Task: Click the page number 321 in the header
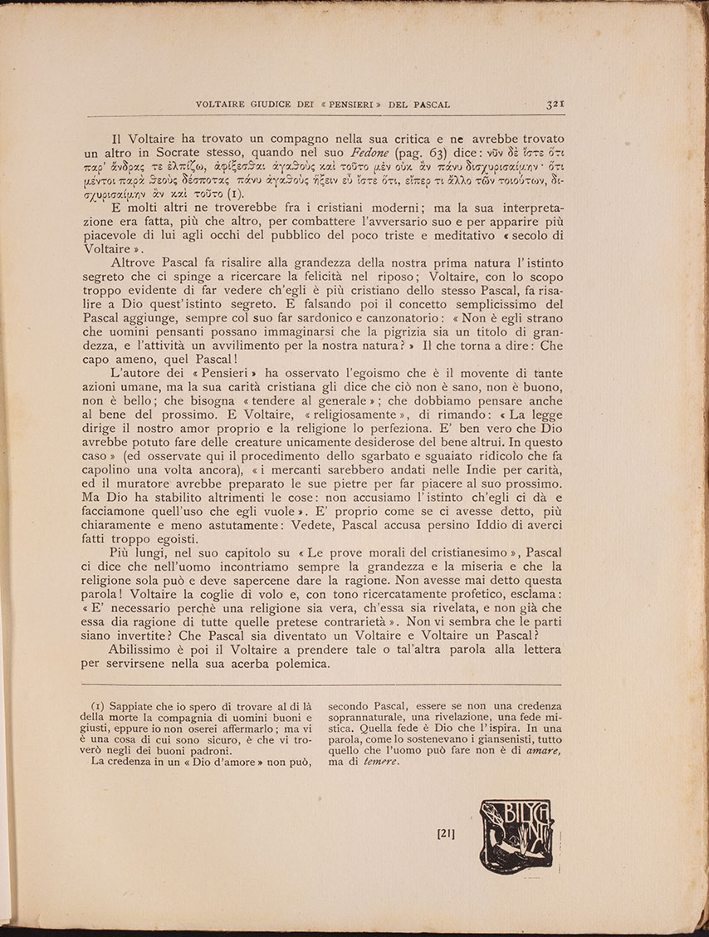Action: [555, 105]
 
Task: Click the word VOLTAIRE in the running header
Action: [219, 105]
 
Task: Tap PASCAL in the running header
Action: [430, 105]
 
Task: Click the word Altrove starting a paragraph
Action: [134, 263]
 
